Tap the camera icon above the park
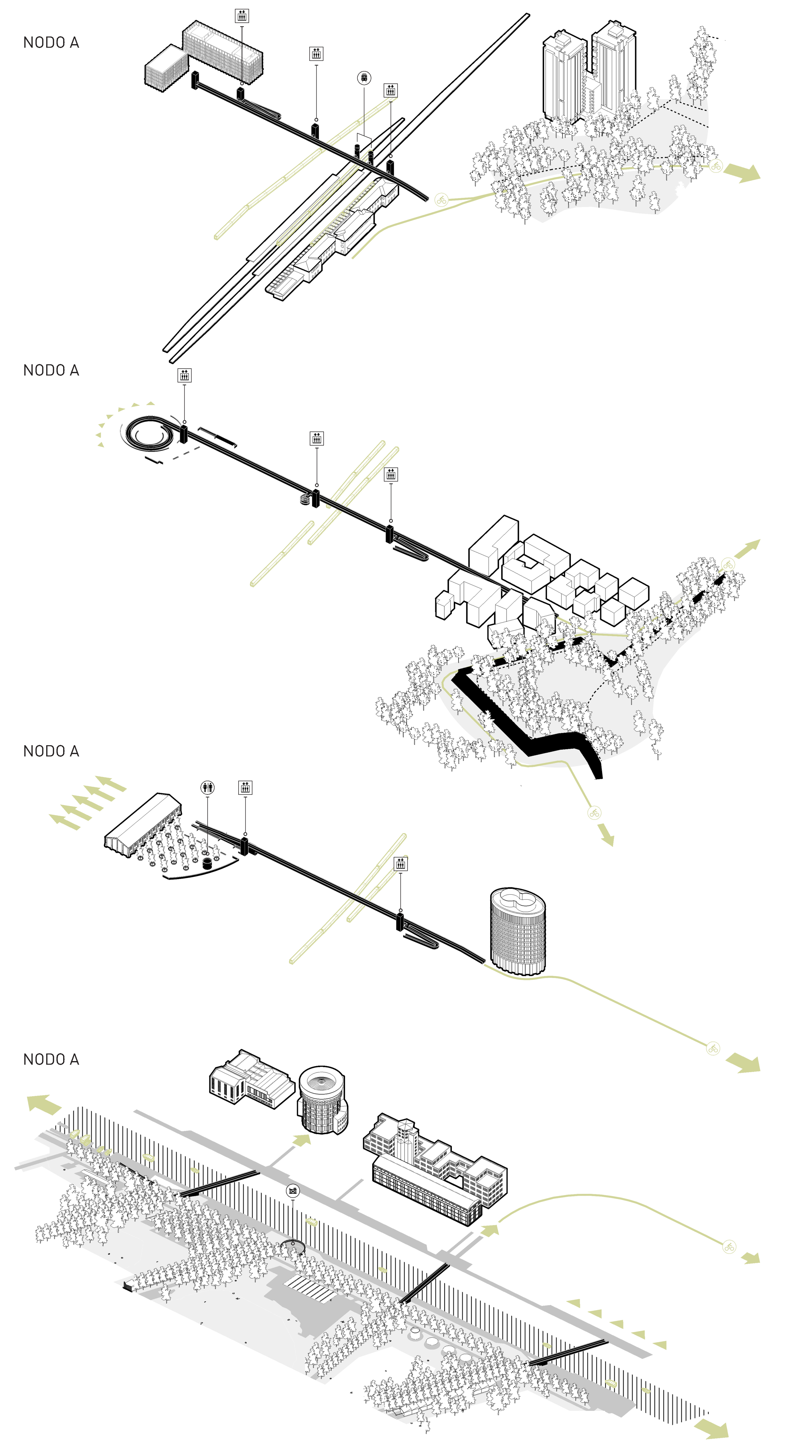[293, 1191]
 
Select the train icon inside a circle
[364, 78]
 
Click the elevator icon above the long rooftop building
[242, 16]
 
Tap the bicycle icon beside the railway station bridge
[441, 199]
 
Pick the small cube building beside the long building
[165, 68]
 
